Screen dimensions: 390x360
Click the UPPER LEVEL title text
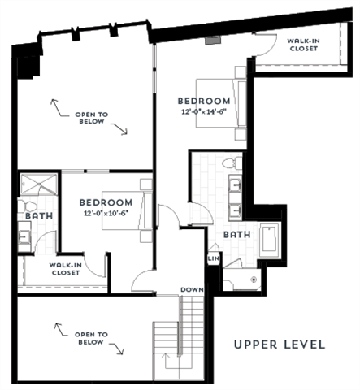[x=280, y=344]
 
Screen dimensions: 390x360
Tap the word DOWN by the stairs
[x=192, y=289]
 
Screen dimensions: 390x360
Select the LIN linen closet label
[x=213, y=258]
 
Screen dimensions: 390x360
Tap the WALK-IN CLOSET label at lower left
[x=64, y=269]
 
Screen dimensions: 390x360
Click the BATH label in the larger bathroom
[x=236, y=234]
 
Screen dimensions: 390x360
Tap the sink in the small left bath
[x=24, y=237]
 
